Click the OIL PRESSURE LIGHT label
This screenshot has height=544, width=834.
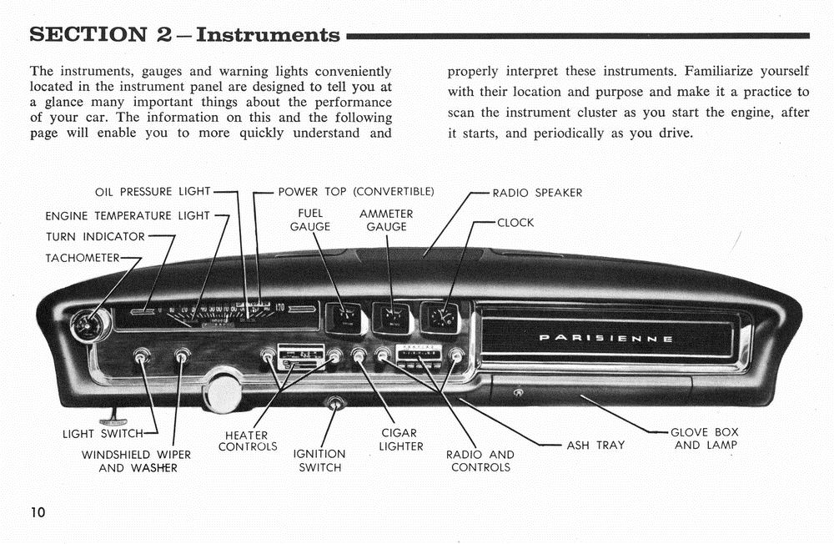153,192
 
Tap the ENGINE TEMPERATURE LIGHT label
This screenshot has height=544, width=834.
128,216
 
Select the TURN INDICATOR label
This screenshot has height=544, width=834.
95,237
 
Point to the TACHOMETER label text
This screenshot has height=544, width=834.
83,258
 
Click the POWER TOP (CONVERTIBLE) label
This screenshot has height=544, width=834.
356,192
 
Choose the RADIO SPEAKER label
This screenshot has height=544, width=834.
537,193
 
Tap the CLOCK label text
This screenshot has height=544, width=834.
515,223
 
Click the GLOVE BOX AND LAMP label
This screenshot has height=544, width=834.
705,439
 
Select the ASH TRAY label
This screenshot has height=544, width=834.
595,446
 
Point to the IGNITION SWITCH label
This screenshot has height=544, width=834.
319,461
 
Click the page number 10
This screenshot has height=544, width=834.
38,511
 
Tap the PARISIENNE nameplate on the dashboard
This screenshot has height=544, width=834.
606,339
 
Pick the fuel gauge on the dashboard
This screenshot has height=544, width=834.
344,318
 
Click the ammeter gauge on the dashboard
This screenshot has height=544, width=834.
392,318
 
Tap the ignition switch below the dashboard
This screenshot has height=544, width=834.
335,405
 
